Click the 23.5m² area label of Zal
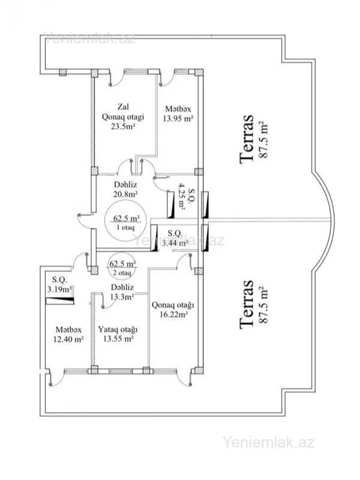[x=122, y=127]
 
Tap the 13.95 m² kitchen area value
[x=179, y=119]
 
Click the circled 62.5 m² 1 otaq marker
[x=122, y=221]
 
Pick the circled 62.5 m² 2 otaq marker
[x=122, y=268]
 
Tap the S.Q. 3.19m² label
[x=62, y=284]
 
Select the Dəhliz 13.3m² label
[x=122, y=291]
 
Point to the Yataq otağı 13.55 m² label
[x=118, y=334]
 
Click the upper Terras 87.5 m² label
[x=254, y=139]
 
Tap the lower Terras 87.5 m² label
[x=254, y=304]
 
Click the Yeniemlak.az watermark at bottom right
[x=268, y=443]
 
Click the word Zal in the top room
[x=124, y=106]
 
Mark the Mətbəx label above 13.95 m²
[x=179, y=109]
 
